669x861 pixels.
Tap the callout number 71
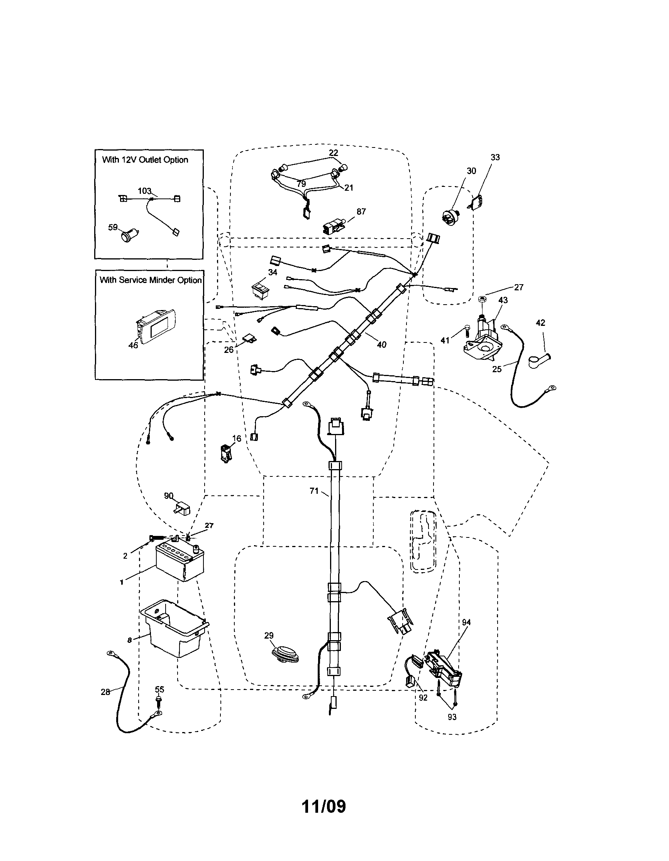click(x=314, y=491)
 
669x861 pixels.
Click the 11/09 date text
click(x=323, y=806)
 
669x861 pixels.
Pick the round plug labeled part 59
click(x=127, y=236)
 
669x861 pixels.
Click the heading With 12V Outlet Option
click(x=145, y=160)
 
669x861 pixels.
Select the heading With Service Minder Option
click(x=150, y=280)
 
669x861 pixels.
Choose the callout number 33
click(x=495, y=157)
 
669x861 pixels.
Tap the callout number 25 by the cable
click(x=497, y=369)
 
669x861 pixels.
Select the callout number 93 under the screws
click(x=452, y=717)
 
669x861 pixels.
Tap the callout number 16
click(x=237, y=439)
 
